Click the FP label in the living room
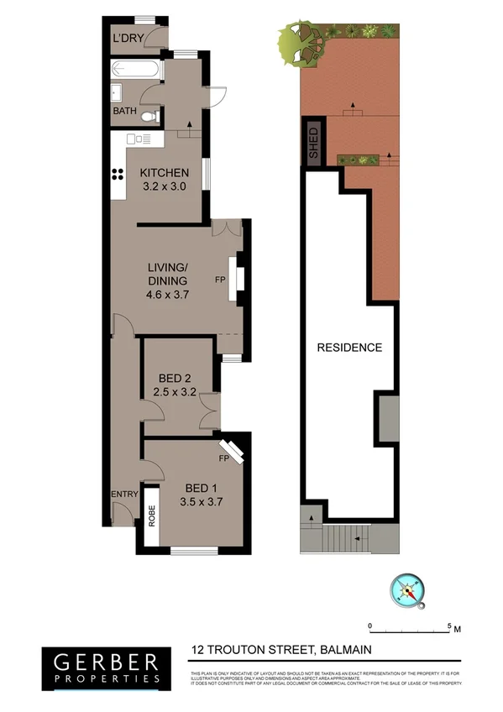coord(220,279)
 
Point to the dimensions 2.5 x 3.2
coord(174,390)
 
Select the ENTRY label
coord(124,495)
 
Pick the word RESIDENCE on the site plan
coord(348,347)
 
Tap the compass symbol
coord(409,591)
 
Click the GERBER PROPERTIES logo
coord(102,666)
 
